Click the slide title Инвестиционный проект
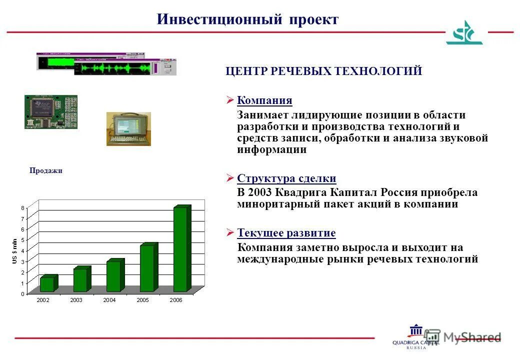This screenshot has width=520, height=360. [x=247, y=19]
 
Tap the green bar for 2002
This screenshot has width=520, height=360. [x=47, y=284]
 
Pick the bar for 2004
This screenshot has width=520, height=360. [x=113, y=276]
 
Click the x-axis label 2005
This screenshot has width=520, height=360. [x=142, y=300]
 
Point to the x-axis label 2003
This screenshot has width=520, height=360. [x=76, y=300]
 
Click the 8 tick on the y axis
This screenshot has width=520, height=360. [x=22, y=207]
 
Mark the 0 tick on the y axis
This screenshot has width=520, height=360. [x=22, y=294]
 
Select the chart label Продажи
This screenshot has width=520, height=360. [x=45, y=170]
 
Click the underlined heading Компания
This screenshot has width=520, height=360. [x=264, y=100]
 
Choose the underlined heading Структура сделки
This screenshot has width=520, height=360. [x=286, y=178]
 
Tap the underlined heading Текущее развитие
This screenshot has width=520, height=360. [x=286, y=233]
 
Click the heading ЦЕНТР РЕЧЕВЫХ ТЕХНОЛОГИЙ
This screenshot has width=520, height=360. [x=324, y=71]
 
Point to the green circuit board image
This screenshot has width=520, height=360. [x=51, y=111]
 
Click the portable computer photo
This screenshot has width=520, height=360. [x=128, y=129]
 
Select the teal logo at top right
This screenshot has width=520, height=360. [x=464, y=33]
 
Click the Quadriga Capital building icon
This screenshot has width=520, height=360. [x=415, y=331]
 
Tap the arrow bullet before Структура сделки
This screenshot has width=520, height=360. [x=230, y=178]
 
